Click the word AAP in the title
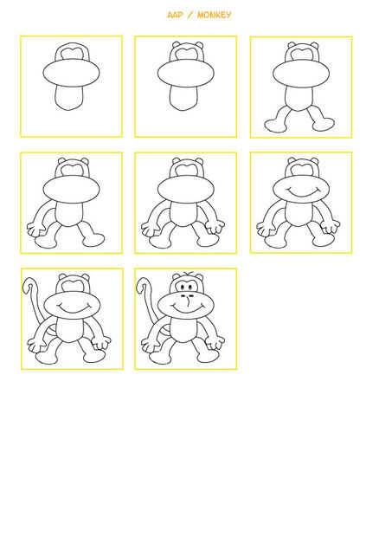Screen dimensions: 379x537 175,15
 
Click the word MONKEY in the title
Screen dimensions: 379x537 215,15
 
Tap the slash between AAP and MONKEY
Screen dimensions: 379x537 190,15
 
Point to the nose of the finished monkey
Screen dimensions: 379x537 188,301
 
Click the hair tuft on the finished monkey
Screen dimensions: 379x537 187,274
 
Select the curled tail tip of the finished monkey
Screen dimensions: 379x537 141,285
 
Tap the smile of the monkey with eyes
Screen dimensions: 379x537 187,307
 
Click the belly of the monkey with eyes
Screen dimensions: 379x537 183,329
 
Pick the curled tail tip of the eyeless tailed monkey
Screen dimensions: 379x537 28,285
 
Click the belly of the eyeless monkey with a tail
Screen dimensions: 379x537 69,329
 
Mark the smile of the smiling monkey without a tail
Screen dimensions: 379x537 302,191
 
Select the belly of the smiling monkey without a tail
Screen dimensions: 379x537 299,214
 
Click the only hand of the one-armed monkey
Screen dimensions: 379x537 35,229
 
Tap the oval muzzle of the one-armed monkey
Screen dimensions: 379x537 71,190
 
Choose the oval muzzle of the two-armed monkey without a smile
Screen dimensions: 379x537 186,190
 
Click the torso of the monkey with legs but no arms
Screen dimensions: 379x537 299,99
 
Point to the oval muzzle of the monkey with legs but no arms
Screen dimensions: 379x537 301,74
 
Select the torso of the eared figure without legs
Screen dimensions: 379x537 183,98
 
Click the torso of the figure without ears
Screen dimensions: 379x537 69,98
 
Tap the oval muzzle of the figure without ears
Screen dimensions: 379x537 71,73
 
